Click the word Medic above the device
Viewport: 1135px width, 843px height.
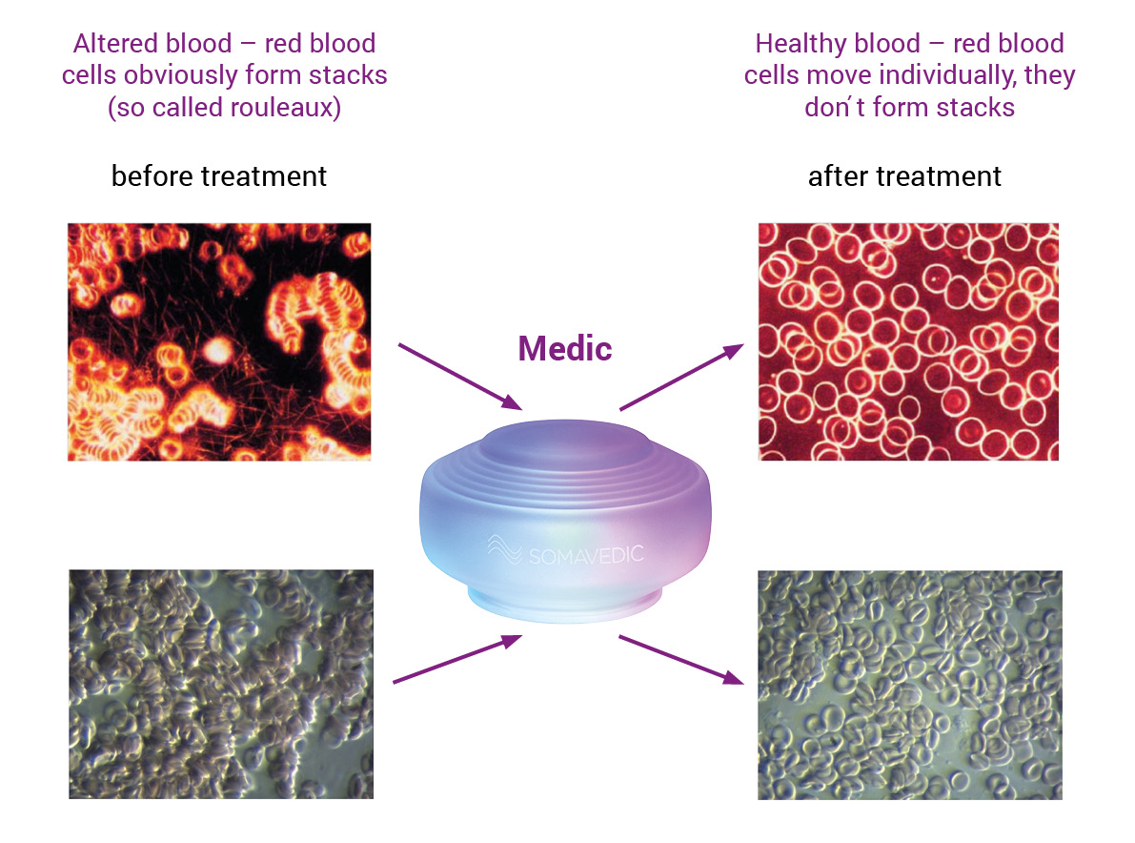click(565, 349)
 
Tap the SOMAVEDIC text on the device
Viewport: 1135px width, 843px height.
click(586, 555)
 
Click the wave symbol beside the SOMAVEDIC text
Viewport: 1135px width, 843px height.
click(504, 549)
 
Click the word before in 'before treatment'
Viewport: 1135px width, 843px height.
click(152, 176)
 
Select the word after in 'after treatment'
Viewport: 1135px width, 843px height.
click(839, 176)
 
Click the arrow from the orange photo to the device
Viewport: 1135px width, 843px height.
click(460, 378)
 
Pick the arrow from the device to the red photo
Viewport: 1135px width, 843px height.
click(682, 378)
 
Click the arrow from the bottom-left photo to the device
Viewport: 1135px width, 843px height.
click(457, 659)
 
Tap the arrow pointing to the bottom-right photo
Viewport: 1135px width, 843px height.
click(681, 660)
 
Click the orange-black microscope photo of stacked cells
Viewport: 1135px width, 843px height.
click(219, 341)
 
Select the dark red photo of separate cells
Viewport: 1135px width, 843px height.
click(908, 341)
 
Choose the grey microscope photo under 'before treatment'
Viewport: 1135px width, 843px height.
click(221, 685)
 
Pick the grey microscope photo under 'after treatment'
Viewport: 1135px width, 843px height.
click(910, 685)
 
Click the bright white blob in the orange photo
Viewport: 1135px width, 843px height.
click(216, 351)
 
